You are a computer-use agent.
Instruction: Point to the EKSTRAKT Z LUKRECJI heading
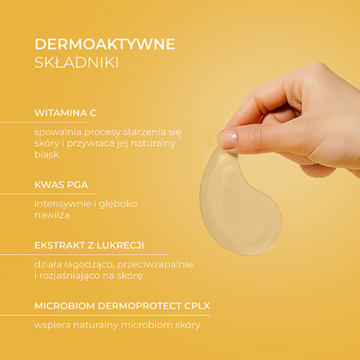[90, 245]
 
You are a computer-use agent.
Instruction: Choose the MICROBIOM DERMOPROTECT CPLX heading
[122, 306]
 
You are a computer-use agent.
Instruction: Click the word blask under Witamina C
[45, 154]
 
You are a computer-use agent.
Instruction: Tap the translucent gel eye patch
[238, 201]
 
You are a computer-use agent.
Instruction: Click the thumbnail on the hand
[227, 137]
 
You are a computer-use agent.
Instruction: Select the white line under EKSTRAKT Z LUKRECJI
[83, 254]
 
